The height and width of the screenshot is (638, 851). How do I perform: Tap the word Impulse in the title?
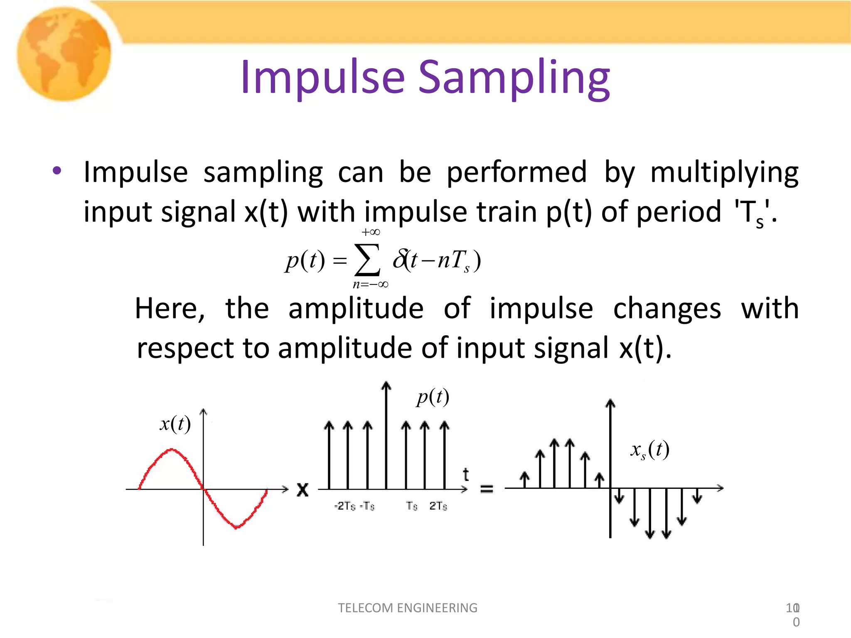pyautogui.click(x=322, y=77)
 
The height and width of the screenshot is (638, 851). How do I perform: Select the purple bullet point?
pyautogui.click(x=57, y=170)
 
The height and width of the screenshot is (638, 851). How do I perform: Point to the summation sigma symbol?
pyautogui.click(x=367, y=260)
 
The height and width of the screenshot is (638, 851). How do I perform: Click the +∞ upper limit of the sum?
pyautogui.click(x=371, y=232)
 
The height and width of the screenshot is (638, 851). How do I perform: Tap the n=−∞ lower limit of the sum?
pyautogui.click(x=370, y=285)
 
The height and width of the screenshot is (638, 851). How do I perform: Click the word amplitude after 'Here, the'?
pyautogui.click(x=356, y=309)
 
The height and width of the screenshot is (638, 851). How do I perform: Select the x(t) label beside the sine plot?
pyautogui.click(x=175, y=424)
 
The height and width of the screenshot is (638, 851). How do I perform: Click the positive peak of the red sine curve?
pyautogui.click(x=172, y=449)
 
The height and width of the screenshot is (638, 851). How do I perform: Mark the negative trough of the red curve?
pyautogui.click(x=236, y=527)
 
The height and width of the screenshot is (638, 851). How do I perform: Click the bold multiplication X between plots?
pyautogui.click(x=303, y=489)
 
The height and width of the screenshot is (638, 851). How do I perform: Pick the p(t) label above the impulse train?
pyautogui.click(x=433, y=397)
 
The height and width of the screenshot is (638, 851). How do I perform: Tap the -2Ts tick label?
pyautogui.click(x=345, y=506)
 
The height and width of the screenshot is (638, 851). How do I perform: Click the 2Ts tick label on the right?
pyautogui.click(x=438, y=506)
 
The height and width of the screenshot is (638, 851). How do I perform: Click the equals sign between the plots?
pyautogui.click(x=487, y=489)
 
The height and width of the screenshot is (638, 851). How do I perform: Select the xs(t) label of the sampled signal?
pyautogui.click(x=649, y=450)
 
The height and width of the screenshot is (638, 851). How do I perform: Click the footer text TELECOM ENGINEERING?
pyautogui.click(x=408, y=608)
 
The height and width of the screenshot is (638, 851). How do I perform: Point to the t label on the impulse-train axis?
pyautogui.click(x=466, y=474)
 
